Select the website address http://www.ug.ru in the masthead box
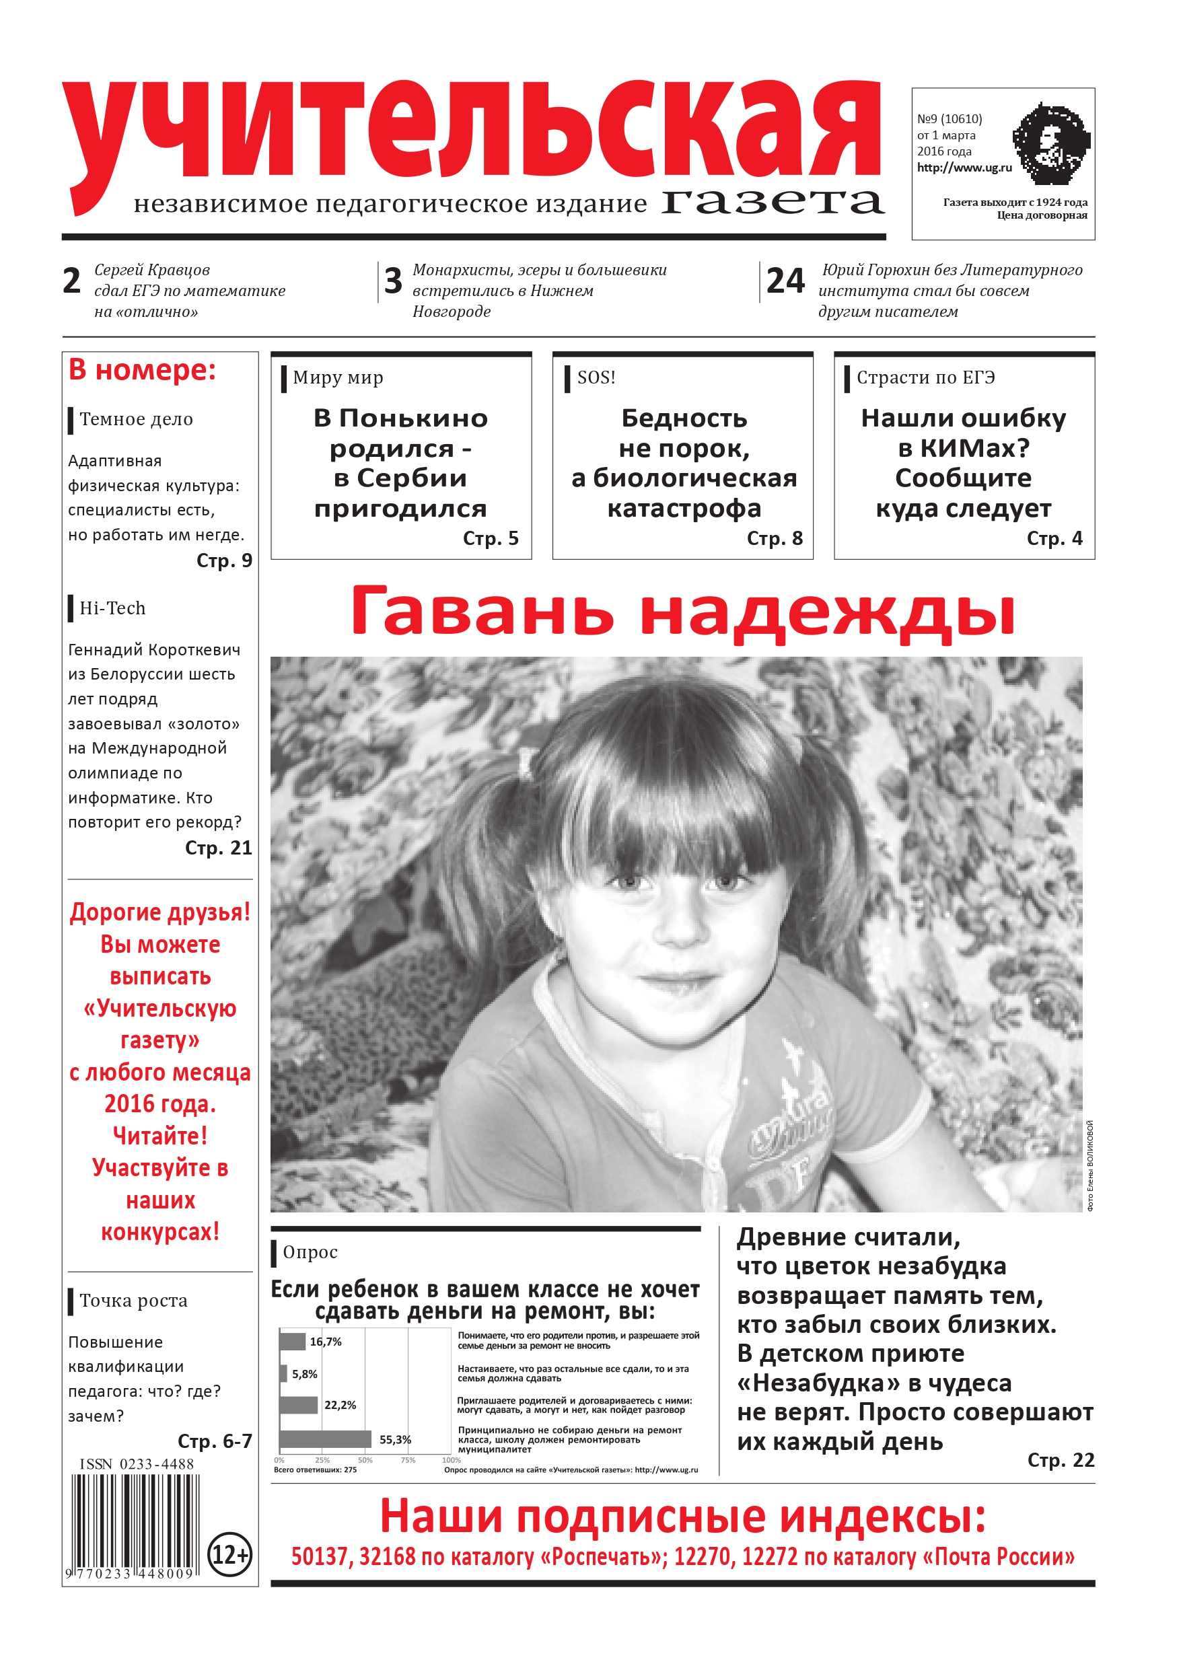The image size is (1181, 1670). click(964, 168)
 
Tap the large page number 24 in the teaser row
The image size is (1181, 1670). click(785, 281)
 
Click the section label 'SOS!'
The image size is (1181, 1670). click(596, 377)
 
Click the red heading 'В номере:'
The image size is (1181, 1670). click(142, 370)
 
